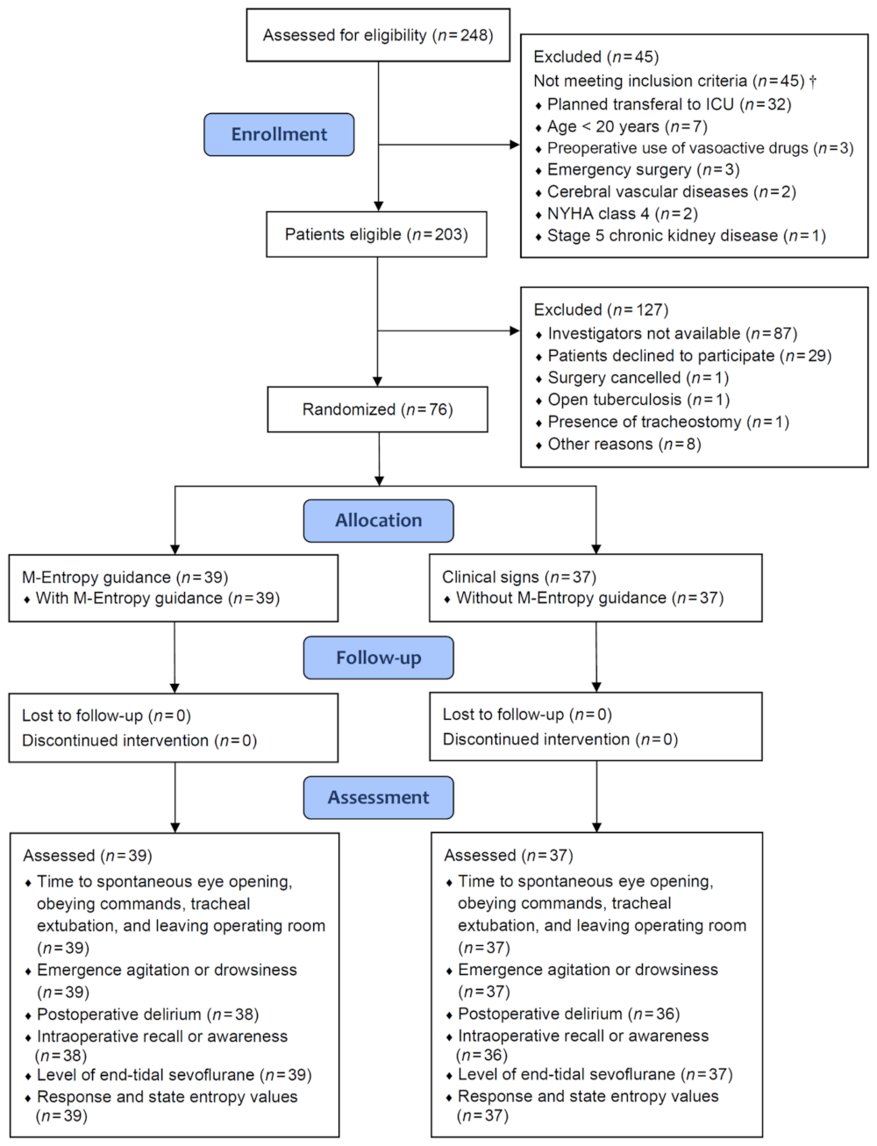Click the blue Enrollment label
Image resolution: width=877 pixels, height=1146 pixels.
(279, 134)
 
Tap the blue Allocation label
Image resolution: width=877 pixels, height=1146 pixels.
(379, 521)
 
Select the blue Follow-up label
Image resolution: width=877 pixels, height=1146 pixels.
(379, 658)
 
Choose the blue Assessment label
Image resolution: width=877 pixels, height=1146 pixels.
(379, 797)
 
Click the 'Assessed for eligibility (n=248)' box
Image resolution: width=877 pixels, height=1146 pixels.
(378, 35)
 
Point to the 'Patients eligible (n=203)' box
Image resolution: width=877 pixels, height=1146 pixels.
(376, 234)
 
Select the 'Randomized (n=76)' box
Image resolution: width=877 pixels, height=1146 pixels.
(377, 409)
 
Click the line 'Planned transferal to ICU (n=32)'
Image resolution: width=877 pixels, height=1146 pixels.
(669, 104)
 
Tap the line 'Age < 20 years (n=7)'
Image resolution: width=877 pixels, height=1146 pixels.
(627, 127)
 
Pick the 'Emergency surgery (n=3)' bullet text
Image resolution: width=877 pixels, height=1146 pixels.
(643, 170)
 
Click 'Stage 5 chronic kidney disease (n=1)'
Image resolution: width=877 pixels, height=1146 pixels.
(687, 236)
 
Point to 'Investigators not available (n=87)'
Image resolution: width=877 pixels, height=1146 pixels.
(673, 333)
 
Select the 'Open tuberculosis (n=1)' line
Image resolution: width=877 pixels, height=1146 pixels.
(638, 400)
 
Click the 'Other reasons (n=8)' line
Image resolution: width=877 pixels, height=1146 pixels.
(624, 445)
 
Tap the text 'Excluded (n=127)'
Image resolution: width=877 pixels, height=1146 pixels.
(601, 310)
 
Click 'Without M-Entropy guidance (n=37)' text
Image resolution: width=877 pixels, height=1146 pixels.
(590, 598)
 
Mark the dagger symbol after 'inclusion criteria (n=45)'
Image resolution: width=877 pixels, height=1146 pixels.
(813, 81)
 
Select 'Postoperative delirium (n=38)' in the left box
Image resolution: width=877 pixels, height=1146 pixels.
(147, 1014)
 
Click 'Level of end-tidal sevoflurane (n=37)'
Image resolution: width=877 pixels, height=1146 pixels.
(595, 1074)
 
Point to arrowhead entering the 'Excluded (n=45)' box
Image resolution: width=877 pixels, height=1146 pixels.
(515, 145)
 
